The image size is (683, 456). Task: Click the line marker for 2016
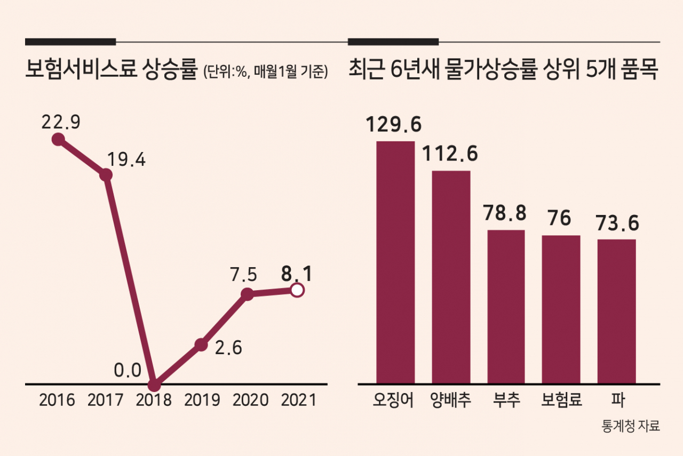pos(58,139)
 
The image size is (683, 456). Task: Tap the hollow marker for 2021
pos(297,290)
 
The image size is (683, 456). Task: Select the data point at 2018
pos(154,385)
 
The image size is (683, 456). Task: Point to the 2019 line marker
pos(201,345)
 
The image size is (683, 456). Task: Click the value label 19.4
pos(126,159)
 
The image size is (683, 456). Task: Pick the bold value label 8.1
pos(297,274)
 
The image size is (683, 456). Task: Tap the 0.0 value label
pos(128,371)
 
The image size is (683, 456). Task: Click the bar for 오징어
pos(395,262)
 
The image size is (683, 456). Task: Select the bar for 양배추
pos(451,277)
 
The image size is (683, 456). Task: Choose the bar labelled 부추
pos(506,307)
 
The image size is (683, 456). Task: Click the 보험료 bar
pos(561,309)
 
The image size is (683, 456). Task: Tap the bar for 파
pos(616,311)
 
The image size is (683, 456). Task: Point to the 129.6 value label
pos(393,125)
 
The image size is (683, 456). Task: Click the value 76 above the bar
pos(559,218)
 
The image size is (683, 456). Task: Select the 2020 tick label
pos(250,400)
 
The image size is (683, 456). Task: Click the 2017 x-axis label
pos(105,400)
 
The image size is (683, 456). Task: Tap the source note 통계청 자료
pos(631,426)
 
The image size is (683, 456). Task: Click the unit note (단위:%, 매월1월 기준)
pos(266,71)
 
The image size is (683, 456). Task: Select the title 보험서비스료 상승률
pos(112,69)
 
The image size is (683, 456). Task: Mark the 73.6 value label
pos(617,223)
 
